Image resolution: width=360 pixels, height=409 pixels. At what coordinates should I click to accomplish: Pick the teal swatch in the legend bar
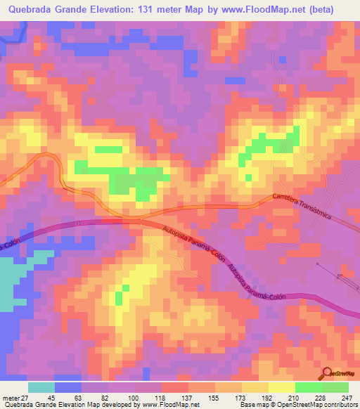41,387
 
